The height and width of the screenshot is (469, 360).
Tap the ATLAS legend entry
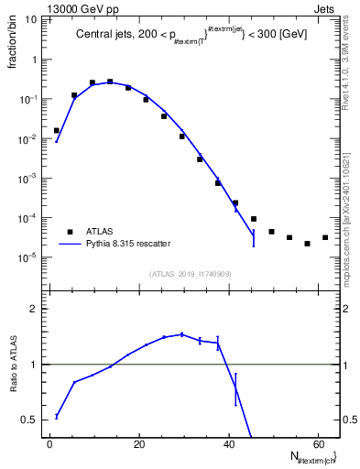pyautogui.click(x=101, y=231)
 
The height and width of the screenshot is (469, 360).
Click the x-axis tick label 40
pyautogui.click(x=227, y=444)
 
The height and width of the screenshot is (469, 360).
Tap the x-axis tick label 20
pyautogui.click(x=138, y=444)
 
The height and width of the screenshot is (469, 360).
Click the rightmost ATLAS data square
pyautogui.click(x=324, y=238)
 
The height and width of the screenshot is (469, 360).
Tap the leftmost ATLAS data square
pyautogui.click(x=57, y=130)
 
